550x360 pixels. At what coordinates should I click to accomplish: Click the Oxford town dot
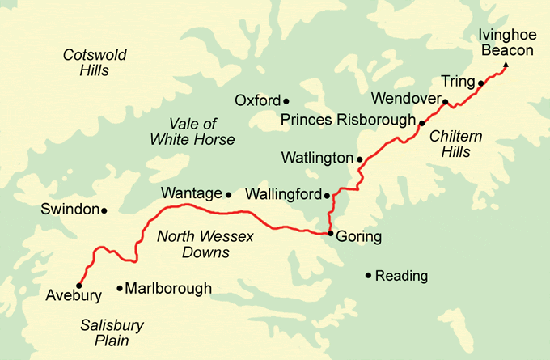(286, 101)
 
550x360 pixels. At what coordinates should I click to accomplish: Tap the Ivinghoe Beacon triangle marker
(506, 66)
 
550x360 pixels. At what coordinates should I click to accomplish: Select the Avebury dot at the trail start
(78, 285)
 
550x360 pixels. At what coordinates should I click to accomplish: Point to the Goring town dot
(330, 234)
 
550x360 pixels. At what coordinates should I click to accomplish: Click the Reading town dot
(368, 276)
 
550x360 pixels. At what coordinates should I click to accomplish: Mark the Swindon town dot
(104, 210)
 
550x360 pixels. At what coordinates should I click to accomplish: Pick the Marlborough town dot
(120, 288)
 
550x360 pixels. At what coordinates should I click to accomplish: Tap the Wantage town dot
(228, 194)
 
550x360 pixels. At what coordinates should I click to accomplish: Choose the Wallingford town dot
(327, 195)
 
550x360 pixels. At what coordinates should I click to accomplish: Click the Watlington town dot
(360, 159)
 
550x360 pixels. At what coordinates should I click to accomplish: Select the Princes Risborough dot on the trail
(421, 122)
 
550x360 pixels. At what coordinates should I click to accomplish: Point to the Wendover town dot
(445, 102)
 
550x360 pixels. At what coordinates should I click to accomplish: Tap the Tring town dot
(480, 83)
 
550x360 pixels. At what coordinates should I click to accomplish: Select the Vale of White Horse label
(192, 131)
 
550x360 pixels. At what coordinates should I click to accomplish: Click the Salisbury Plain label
(112, 332)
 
